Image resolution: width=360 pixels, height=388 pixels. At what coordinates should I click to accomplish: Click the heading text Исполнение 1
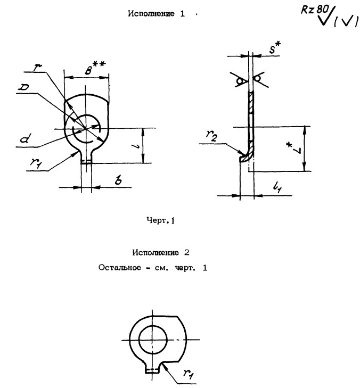(x=156, y=15)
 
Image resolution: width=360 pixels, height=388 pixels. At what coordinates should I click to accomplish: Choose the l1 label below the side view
(x=276, y=187)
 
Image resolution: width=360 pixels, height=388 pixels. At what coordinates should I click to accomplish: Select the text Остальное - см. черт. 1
(x=153, y=267)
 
